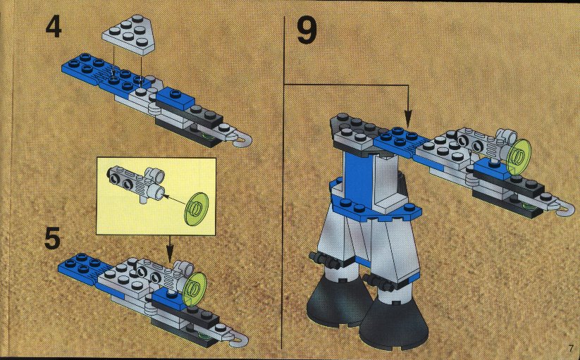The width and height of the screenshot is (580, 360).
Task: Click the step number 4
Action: coord(54,28)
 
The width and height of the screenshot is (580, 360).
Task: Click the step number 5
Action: coord(53,239)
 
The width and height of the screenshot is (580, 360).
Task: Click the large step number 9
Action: coord(307,31)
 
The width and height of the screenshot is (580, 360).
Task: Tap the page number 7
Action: coord(571,348)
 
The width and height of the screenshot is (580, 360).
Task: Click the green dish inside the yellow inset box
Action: coord(196,209)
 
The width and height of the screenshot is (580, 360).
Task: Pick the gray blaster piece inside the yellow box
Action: coord(136,182)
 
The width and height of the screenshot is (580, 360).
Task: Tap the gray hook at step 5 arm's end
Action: coord(239,341)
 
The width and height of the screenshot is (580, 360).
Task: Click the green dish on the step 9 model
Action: coord(520,156)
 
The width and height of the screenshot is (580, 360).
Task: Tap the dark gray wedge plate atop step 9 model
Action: coord(355,128)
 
